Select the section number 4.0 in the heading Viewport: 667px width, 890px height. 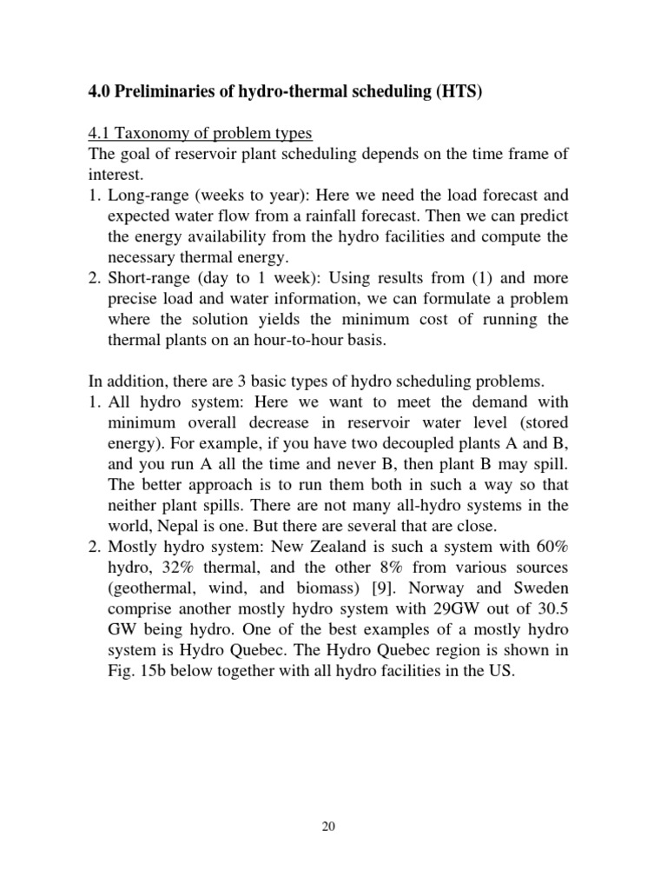(x=101, y=92)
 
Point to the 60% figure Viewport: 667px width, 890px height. (x=551, y=547)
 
